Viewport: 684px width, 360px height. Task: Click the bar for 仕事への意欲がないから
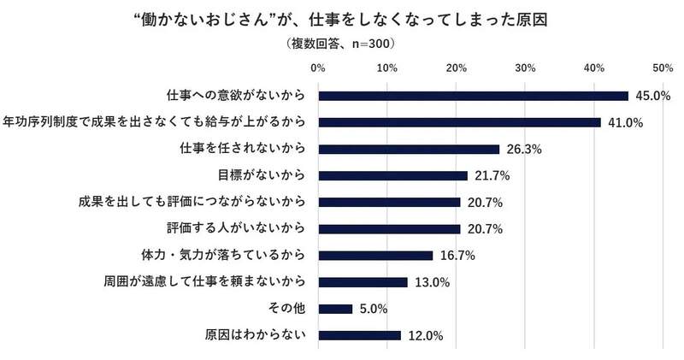(473, 96)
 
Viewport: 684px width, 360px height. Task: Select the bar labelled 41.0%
(459, 122)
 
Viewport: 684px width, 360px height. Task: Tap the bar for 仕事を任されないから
(409, 149)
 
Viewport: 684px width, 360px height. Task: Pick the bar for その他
(335, 309)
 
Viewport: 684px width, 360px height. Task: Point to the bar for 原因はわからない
(359, 335)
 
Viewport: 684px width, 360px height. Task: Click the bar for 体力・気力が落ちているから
(375, 255)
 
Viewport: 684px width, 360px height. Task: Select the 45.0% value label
(650, 96)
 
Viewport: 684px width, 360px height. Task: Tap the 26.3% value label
(522, 149)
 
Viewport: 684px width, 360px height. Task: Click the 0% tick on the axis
(318, 67)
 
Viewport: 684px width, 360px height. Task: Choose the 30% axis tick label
(525, 67)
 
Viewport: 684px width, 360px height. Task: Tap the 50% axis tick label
(663, 67)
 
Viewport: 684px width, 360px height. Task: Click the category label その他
(292, 309)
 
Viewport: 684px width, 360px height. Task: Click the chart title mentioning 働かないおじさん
(342, 17)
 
